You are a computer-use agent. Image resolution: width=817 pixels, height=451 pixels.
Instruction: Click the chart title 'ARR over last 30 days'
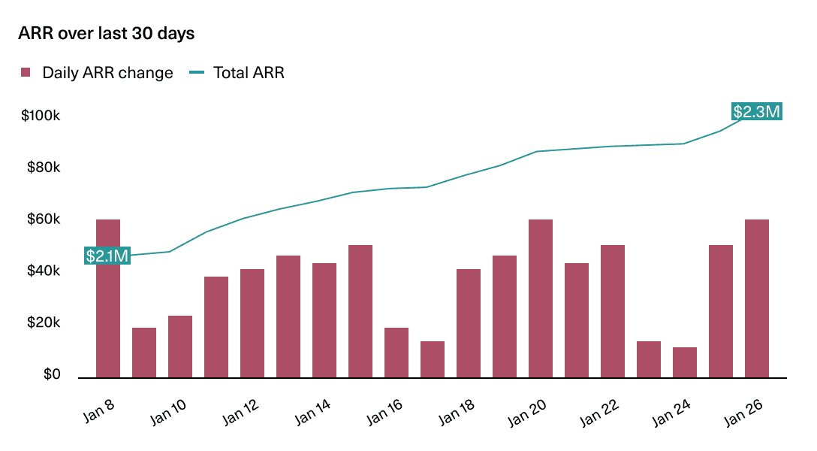(106, 34)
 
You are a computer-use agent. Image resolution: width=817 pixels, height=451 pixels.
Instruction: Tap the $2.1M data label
(107, 256)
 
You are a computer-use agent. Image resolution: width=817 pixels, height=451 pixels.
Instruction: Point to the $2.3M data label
(757, 112)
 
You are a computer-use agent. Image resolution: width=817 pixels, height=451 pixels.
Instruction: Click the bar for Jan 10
(180, 347)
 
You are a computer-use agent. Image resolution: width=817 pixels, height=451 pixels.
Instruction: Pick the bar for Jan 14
(324, 320)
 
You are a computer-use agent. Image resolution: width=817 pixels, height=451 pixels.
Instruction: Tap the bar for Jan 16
(396, 353)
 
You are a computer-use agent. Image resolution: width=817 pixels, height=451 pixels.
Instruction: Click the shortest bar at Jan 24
(685, 362)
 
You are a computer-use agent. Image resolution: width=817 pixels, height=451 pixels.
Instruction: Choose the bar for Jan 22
(613, 311)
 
